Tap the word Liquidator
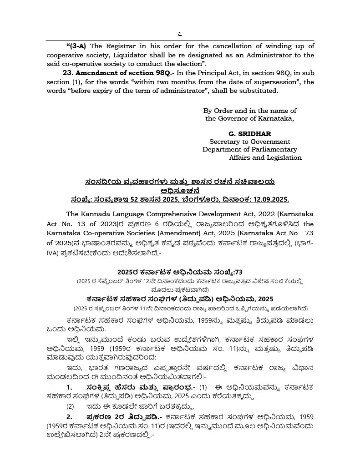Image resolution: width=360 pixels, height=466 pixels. pyautogui.click(x=131, y=55)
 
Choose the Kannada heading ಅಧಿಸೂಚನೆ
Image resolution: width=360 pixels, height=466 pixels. pyautogui.click(x=180, y=190)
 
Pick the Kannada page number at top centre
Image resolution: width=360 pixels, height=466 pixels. pyautogui.click(x=180, y=33)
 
